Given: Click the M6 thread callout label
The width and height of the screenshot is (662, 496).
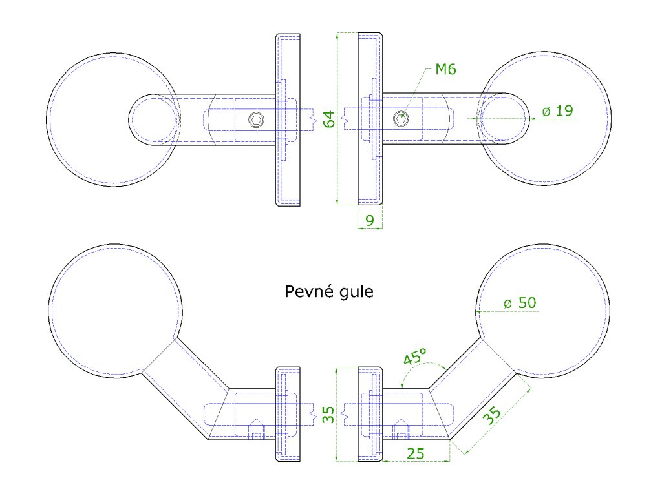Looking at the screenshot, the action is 445,69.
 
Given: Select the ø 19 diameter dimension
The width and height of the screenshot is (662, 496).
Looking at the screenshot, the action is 557,111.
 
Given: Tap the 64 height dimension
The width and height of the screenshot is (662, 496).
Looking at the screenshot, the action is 329,119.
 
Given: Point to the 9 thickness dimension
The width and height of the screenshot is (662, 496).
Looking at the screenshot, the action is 369,221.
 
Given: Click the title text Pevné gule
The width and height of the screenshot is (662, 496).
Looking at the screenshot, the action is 329,292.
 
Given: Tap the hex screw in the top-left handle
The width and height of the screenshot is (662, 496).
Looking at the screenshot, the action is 257,119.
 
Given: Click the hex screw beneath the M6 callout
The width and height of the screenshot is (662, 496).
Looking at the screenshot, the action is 401,118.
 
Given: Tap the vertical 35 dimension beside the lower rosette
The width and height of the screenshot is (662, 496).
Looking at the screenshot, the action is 328,415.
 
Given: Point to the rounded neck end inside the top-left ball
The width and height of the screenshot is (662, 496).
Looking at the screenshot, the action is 153,119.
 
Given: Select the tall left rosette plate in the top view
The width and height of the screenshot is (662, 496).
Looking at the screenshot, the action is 288,119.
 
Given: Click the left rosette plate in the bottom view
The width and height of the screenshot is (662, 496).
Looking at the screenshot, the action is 288,415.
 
